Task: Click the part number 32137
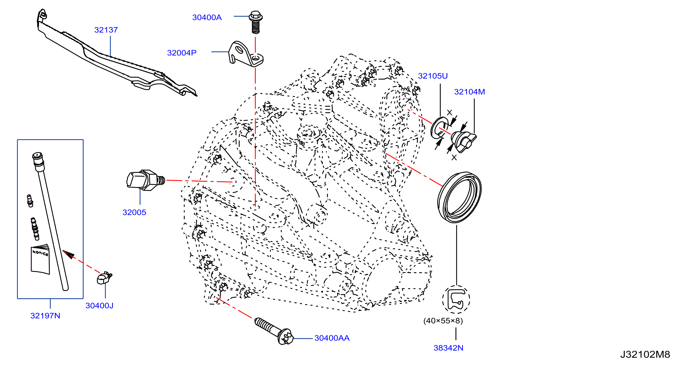click(x=106, y=30)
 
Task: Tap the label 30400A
click(x=207, y=18)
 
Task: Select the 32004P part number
click(x=182, y=53)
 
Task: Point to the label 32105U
click(x=433, y=76)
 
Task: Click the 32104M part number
click(x=469, y=92)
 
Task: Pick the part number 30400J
click(x=99, y=306)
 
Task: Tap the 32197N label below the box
click(x=45, y=316)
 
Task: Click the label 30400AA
click(x=332, y=338)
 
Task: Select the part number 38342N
click(x=448, y=348)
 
